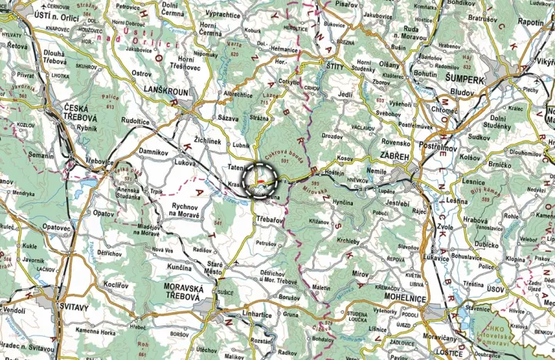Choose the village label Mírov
(x=361, y=274)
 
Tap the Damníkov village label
(x=154, y=152)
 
